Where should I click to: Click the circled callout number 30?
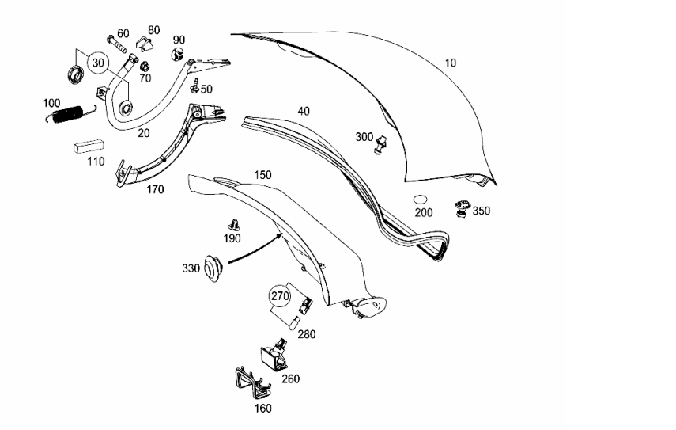(98, 63)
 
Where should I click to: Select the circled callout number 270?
(280, 296)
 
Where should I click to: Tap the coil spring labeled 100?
(67, 114)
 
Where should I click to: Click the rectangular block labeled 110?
(89, 146)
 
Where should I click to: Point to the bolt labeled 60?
(116, 44)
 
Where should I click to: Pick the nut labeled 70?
(145, 67)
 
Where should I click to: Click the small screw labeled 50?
(194, 85)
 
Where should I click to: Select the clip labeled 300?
(380, 145)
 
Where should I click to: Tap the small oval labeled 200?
(420, 200)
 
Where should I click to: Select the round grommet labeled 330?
(213, 268)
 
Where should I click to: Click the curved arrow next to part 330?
(255, 250)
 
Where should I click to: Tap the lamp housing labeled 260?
(274, 354)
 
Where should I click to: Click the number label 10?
(450, 63)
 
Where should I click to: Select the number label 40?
(304, 112)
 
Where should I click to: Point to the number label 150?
(262, 175)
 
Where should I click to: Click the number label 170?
(155, 189)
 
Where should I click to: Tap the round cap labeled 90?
(177, 55)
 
